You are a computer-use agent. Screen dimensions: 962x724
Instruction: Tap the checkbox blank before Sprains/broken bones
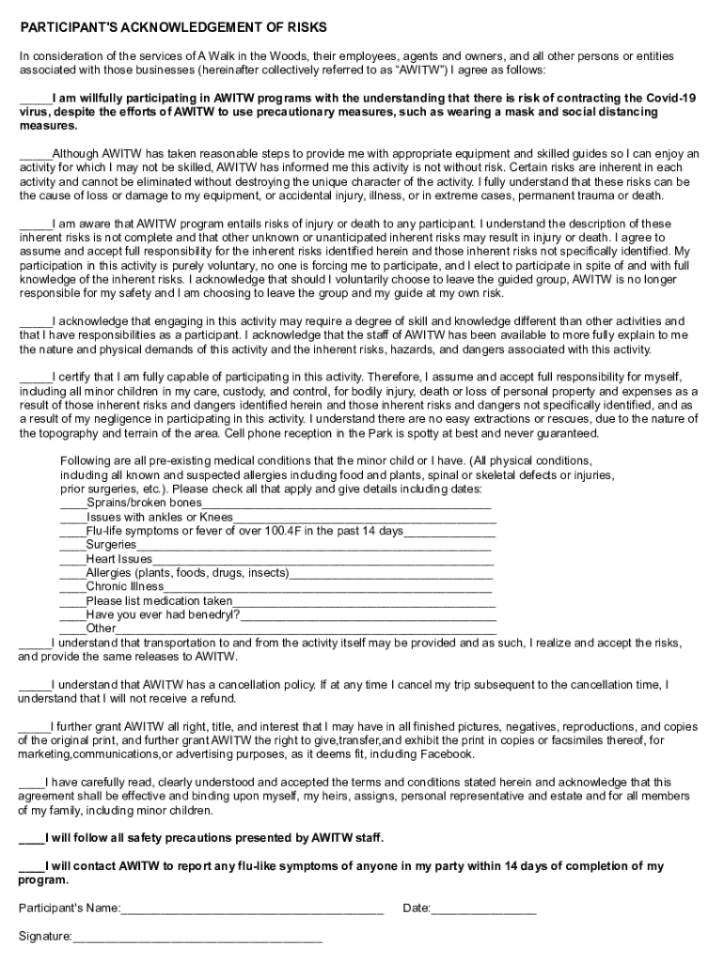pos(72,504)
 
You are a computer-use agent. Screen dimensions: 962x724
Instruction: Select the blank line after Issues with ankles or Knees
pos(364,518)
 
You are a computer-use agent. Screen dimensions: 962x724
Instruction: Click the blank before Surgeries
pos(72,546)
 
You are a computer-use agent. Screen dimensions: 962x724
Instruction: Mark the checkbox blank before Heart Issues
pos(72,560)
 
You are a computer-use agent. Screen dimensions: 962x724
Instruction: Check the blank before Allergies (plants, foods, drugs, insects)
pos(72,573)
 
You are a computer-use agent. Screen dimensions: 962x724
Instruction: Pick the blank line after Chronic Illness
pos(328,587)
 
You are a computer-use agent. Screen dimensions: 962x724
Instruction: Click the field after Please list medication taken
pos(364,601)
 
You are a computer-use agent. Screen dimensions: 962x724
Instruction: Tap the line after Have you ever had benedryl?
pos(368,615)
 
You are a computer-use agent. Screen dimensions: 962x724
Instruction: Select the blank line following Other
pos(307,629)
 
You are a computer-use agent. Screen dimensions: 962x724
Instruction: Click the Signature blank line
pos(197,937)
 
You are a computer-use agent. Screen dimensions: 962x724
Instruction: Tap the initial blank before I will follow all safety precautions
pos(30,838)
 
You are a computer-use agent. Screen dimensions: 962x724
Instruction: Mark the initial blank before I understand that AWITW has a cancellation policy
pos(34,685)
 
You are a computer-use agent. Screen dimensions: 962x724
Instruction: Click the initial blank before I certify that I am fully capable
pos(36,378)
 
